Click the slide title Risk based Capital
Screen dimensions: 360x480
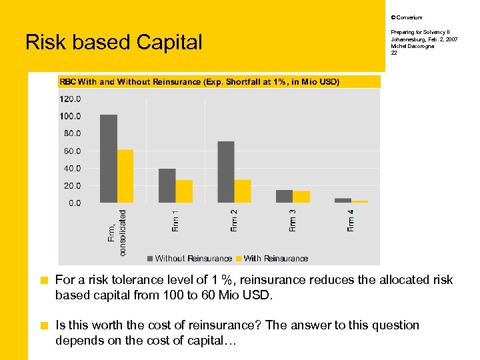(113, 43)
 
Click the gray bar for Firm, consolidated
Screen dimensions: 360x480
(109, 159)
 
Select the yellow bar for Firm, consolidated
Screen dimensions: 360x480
(125, 176)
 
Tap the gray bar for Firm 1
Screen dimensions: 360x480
(167, 185)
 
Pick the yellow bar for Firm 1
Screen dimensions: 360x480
(184, 191)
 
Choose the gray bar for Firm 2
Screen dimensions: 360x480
(226, 172)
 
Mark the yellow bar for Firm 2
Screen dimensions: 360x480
(243, 191)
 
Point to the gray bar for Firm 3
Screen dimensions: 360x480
(285, 196)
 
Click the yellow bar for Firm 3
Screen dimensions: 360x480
(301, 197)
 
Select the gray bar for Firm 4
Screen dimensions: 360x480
(343, 200)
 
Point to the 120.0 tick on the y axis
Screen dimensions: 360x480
(70, 99)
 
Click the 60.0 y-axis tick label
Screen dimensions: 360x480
(72, 151)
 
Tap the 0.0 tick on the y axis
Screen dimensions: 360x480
(74, 203)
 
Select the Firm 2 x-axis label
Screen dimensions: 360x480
(234, 221)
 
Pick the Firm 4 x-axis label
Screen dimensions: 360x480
(351, 221)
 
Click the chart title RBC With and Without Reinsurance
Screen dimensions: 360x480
(200, 82)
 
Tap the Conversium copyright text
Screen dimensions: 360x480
(407, 17)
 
